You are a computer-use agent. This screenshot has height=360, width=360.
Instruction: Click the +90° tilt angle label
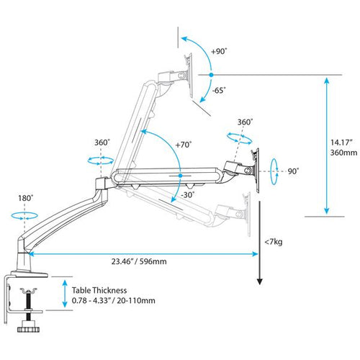[x=219, y=51]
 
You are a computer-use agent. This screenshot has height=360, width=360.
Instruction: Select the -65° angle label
[x=219, y=90]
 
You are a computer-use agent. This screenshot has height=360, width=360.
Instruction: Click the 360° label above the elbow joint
[x=102, y=143]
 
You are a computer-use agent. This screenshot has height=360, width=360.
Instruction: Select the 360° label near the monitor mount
[x=245, y=122]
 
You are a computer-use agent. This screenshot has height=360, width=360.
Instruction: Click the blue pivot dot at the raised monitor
[x=210, y=74]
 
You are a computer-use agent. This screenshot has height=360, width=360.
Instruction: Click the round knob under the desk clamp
[x=30, y=329]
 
